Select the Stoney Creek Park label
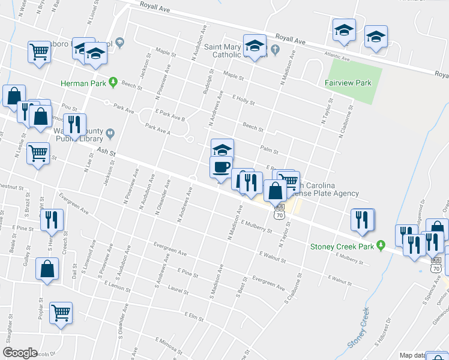pyautogui.click(x=342, y=246)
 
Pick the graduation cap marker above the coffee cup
pyautogui.click(x=221, y=148)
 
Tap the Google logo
pyautogui.click(x=20, y=353)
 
